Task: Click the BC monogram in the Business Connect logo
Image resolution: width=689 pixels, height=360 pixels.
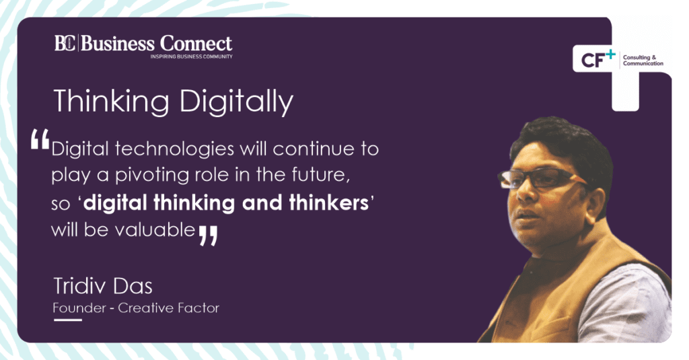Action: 66,44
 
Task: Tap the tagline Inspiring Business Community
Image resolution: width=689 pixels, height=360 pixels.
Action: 191,57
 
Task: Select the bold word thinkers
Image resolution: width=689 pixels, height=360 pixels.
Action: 326,202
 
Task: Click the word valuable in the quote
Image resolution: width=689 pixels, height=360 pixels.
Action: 157,229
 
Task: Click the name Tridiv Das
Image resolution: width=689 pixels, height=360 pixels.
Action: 102,286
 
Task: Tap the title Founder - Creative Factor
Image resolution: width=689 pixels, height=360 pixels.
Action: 136,308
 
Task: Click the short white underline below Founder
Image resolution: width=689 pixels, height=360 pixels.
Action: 67,320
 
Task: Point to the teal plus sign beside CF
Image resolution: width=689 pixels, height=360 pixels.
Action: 610,52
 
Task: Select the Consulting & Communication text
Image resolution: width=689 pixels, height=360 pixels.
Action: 643,61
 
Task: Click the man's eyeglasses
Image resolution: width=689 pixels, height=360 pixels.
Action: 538,178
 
